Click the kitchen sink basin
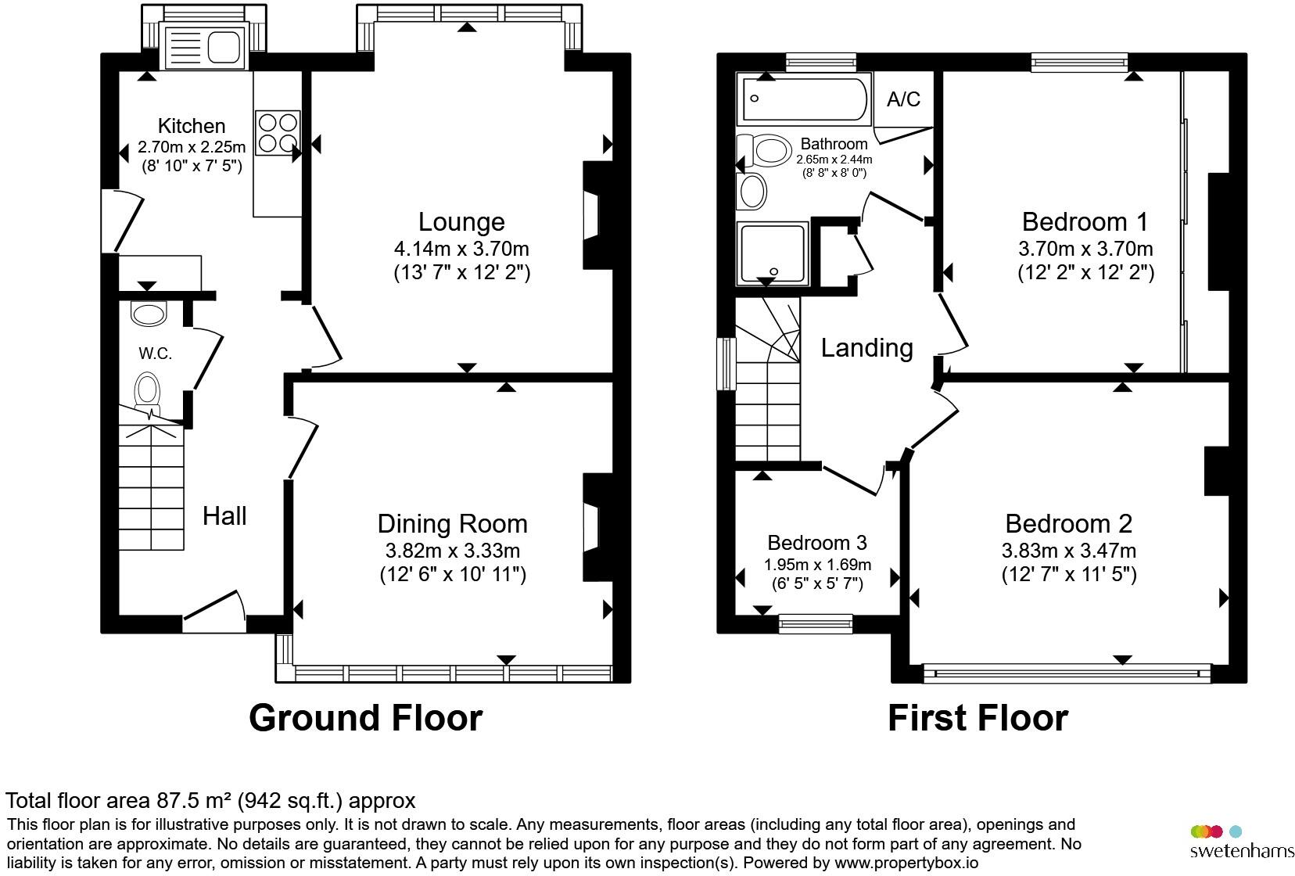point(224,46)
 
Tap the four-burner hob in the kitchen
point(278,132)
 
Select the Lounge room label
point(461,221)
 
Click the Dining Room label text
point(452,524)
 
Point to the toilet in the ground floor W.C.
point(148,391)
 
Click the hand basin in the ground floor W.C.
point(149,314)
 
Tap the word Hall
point(224,515)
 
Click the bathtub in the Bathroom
point(804,99)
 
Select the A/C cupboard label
point(904,99)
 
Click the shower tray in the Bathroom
point(773,253)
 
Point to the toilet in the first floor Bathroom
point(764,150)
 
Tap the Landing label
point(866,348)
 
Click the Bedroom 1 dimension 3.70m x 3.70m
point(1085,249)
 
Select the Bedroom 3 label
point(817,542)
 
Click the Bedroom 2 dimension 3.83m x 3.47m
point(1068,551)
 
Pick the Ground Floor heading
point(365,717)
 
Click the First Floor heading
point(978,717)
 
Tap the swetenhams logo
point(1241,842)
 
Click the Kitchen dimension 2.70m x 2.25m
point(192,147)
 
